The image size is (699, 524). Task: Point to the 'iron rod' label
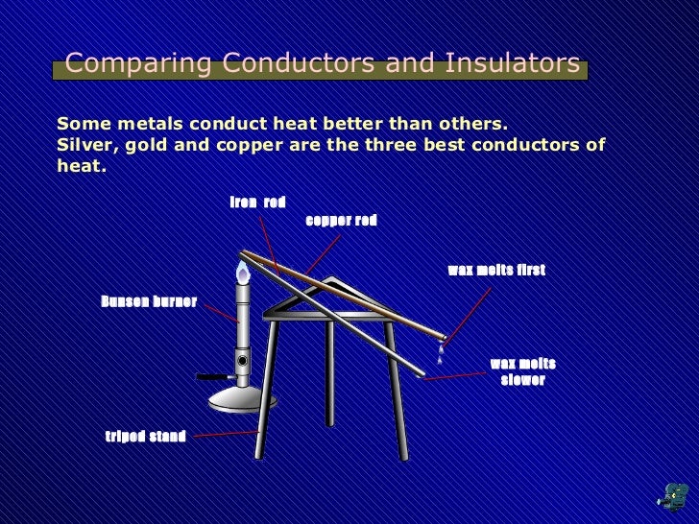[x=257, y=202]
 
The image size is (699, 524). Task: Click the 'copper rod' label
[x=341, y=221]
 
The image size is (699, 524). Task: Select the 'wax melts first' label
[x=495, y=271]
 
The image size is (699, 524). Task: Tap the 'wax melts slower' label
[x=522, y=371]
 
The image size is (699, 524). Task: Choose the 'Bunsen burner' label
[x=149, y=302]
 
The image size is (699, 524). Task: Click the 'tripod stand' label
[x=145, y=438]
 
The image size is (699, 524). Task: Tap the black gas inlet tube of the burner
[x=213, y=375]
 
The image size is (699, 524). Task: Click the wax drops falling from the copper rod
[x=440, y=351]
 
